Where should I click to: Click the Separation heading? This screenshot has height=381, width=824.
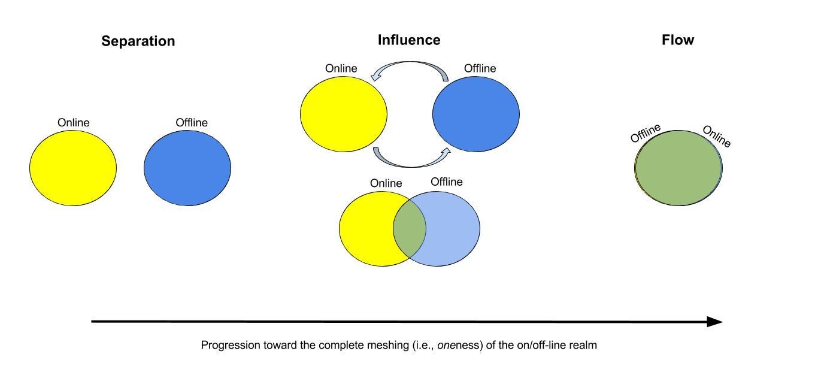pyautogui.click(x=138, y=41)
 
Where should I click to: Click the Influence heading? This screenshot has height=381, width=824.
pyautogui.click(x=409, y=40)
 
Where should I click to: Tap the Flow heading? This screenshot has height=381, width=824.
pyautogui.click(x=678, y=40)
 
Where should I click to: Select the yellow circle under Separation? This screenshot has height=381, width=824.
pyautogui.click(x=73, y=168)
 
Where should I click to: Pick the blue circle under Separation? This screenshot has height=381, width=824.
pyautogui.click(x=187, y=168)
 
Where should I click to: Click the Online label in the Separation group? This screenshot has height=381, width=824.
pyautogui.click(x=73, y=123)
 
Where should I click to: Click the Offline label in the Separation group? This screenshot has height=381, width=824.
pyautogui.click(x=192, y=123)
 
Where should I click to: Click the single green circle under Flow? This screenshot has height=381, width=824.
pyautogui.click(x=678, y=168)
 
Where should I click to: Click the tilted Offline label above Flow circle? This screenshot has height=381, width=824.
pyautogui.click(x=646, y=132)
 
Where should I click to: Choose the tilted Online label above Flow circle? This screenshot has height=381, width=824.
pyautogui.click(x=716, y=137)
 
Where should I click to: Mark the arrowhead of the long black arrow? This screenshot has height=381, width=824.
pyautogui.click(x=715, y=322)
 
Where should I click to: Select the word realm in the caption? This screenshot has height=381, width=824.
pyautogui.click(x=583, y=345)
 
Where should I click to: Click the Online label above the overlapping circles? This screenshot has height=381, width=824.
pyautogui.click(x=386, y=183)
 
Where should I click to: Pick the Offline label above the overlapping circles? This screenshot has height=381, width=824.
pyautogui.click(x=447, y=182)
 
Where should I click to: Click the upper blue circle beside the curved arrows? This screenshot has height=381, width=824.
pyautogui.click(x=476, y=114)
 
